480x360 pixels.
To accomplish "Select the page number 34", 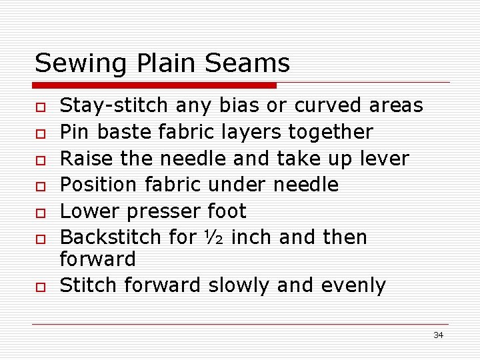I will tap(438, 335).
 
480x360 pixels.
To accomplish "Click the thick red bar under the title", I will tap(155, 85).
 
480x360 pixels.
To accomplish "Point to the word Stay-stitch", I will tap(116, 106).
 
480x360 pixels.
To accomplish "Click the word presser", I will tap(163, 211).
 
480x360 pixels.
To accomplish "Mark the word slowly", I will tap(239, 285).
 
